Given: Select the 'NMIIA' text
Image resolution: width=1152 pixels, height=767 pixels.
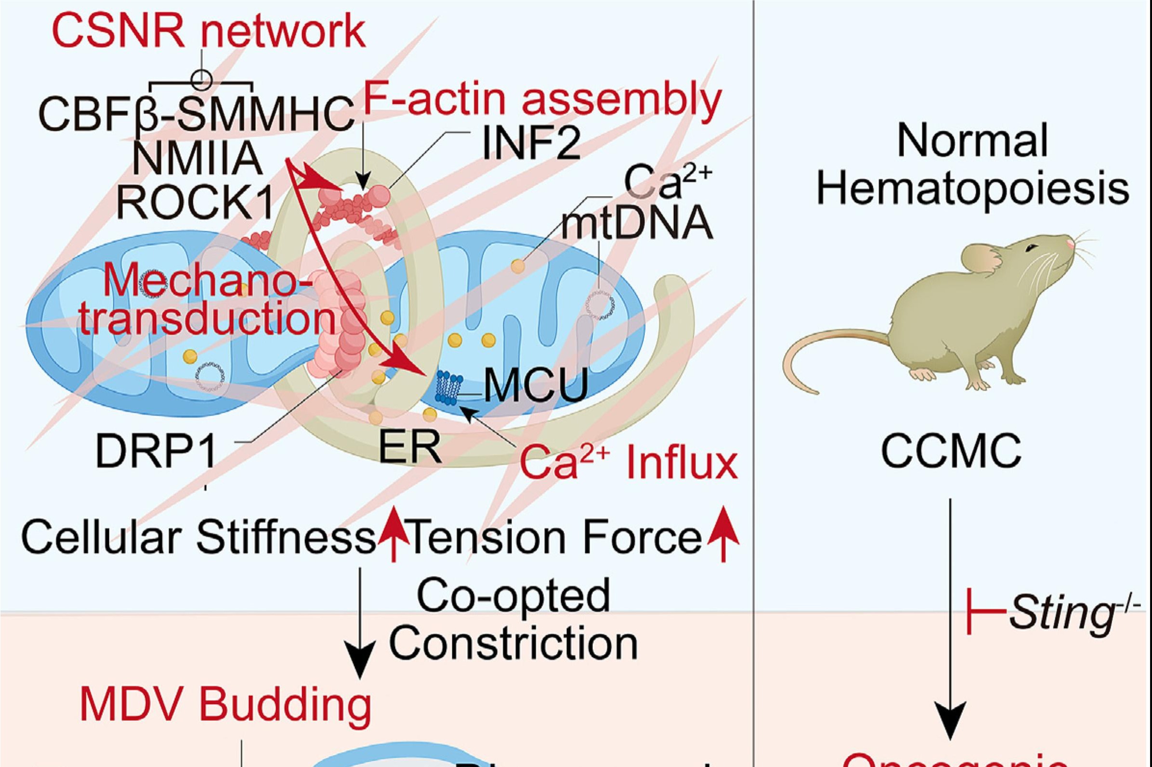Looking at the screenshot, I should [x=197, y=159].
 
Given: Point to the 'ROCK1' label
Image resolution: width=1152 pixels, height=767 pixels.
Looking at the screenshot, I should [x=195, y=202].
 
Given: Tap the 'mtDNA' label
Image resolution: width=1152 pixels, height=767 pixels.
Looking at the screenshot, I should [x=637, y=223].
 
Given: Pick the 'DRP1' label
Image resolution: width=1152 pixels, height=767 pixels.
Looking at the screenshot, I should [x=156, y=451].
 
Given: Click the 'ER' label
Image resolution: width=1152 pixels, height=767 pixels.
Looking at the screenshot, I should [x=410, y=447].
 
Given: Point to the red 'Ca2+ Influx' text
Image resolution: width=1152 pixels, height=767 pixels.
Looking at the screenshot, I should [x=628, y=463].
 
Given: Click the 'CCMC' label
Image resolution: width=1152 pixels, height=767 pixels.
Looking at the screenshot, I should [x=951, y=451].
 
